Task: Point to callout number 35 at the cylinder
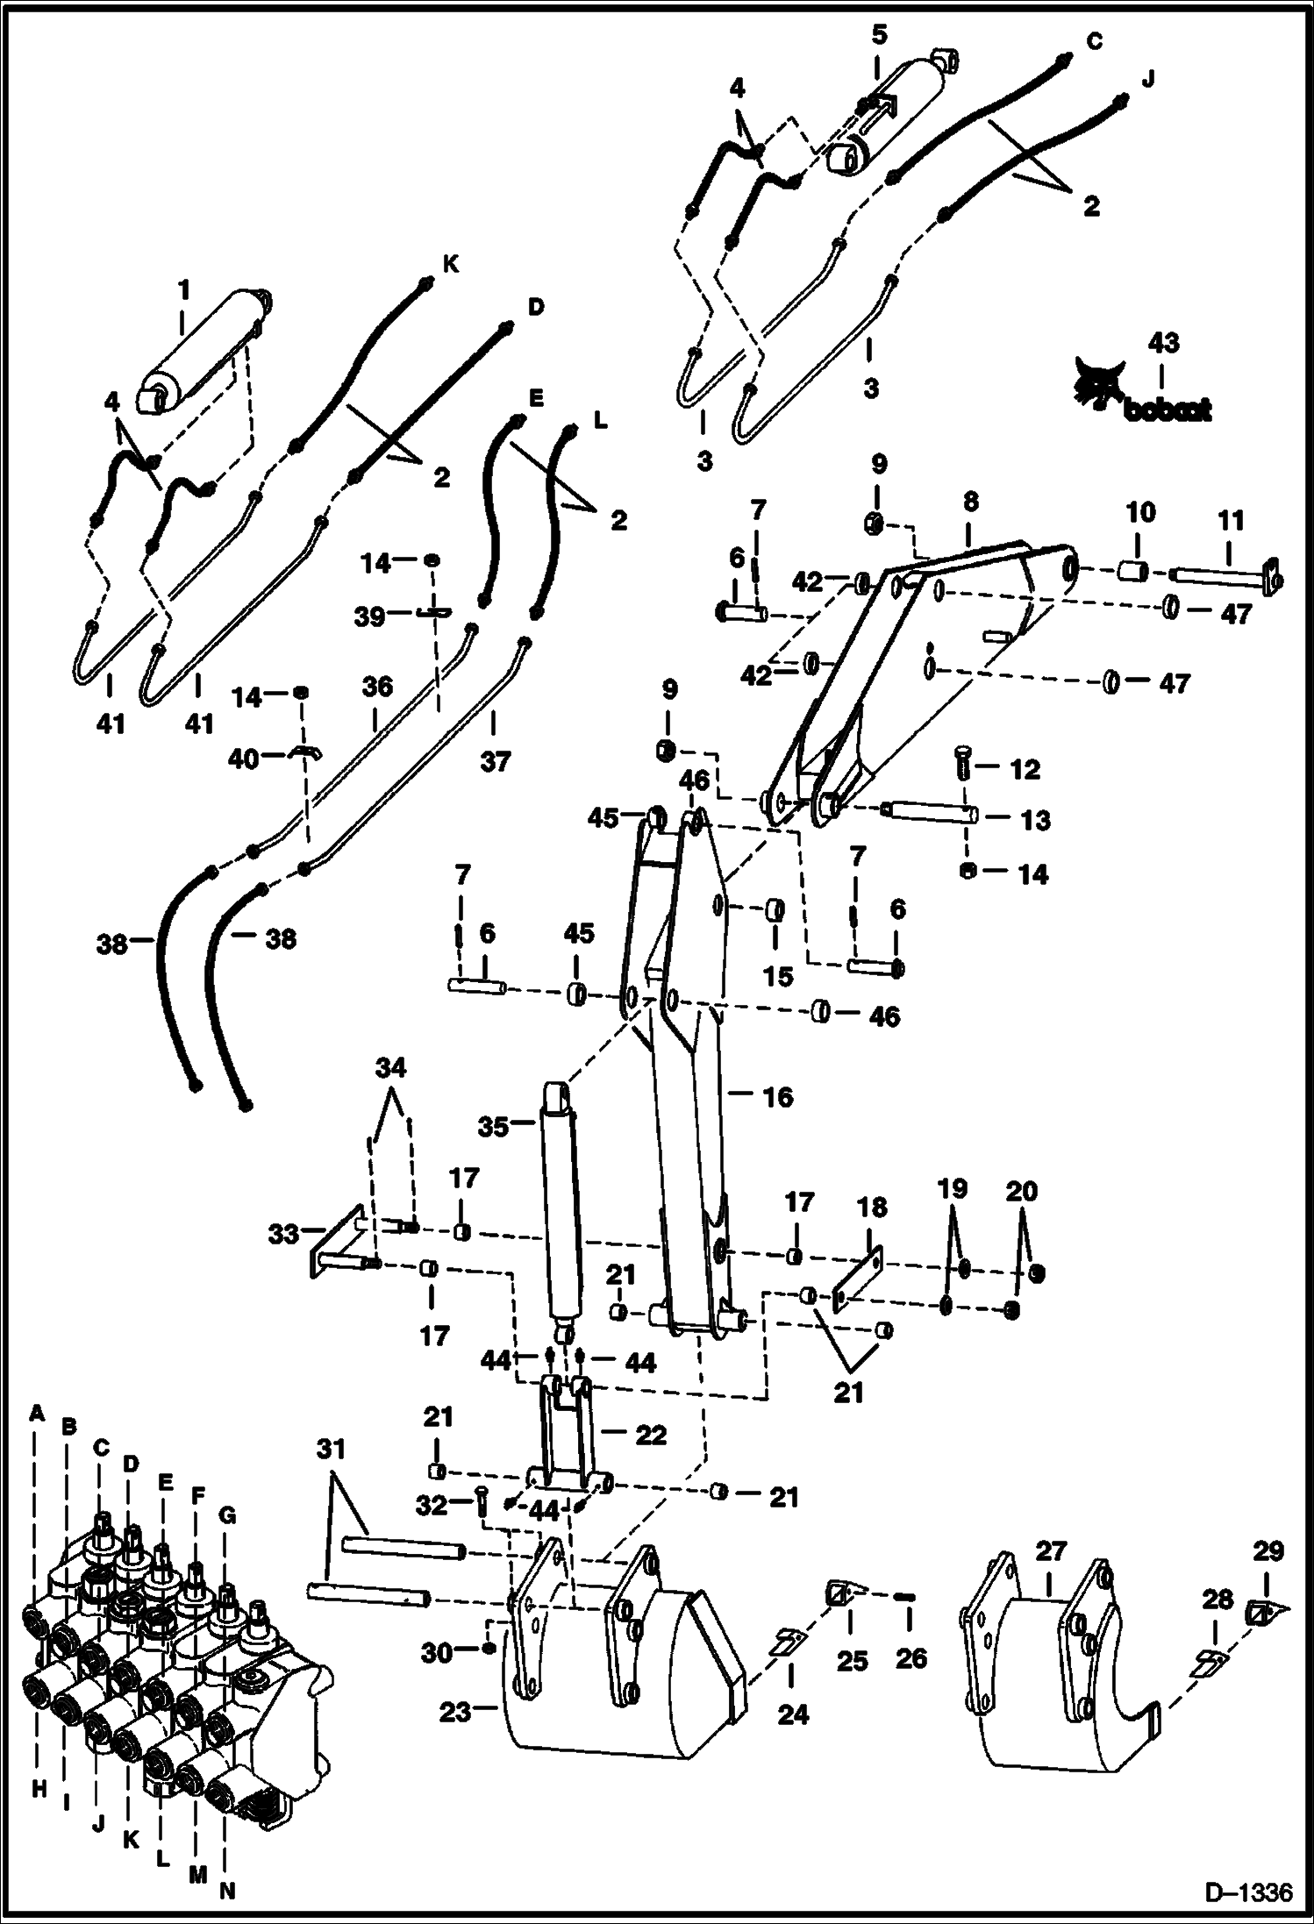click(x=494, y=1126)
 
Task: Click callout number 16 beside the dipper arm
click(x=777, y=1096)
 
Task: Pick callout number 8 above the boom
click(x=970, y=502)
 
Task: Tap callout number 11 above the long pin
click(x=1231, y=521)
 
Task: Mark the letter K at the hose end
click(x=451, y=263)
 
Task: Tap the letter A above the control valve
click(x=36, y=1412)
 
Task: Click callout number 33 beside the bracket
click(x=282, y=1236)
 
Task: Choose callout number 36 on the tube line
click(x=377, y=686)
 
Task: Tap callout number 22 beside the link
click(x=651, y=1435)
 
